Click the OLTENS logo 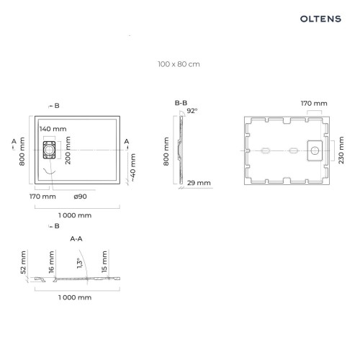[x=320, y=19]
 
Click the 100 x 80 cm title [x=179, y=64]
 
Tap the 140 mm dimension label [x=53, y=129]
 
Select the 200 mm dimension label [x=68, y=150]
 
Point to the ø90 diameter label [x=81, y=197]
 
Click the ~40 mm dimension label [x=132, y=168]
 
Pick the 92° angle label [x=192, y=111]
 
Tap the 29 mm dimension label [x=199, y=183]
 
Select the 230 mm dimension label [x=341, y=150]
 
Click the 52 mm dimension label [x=23, y=262]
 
